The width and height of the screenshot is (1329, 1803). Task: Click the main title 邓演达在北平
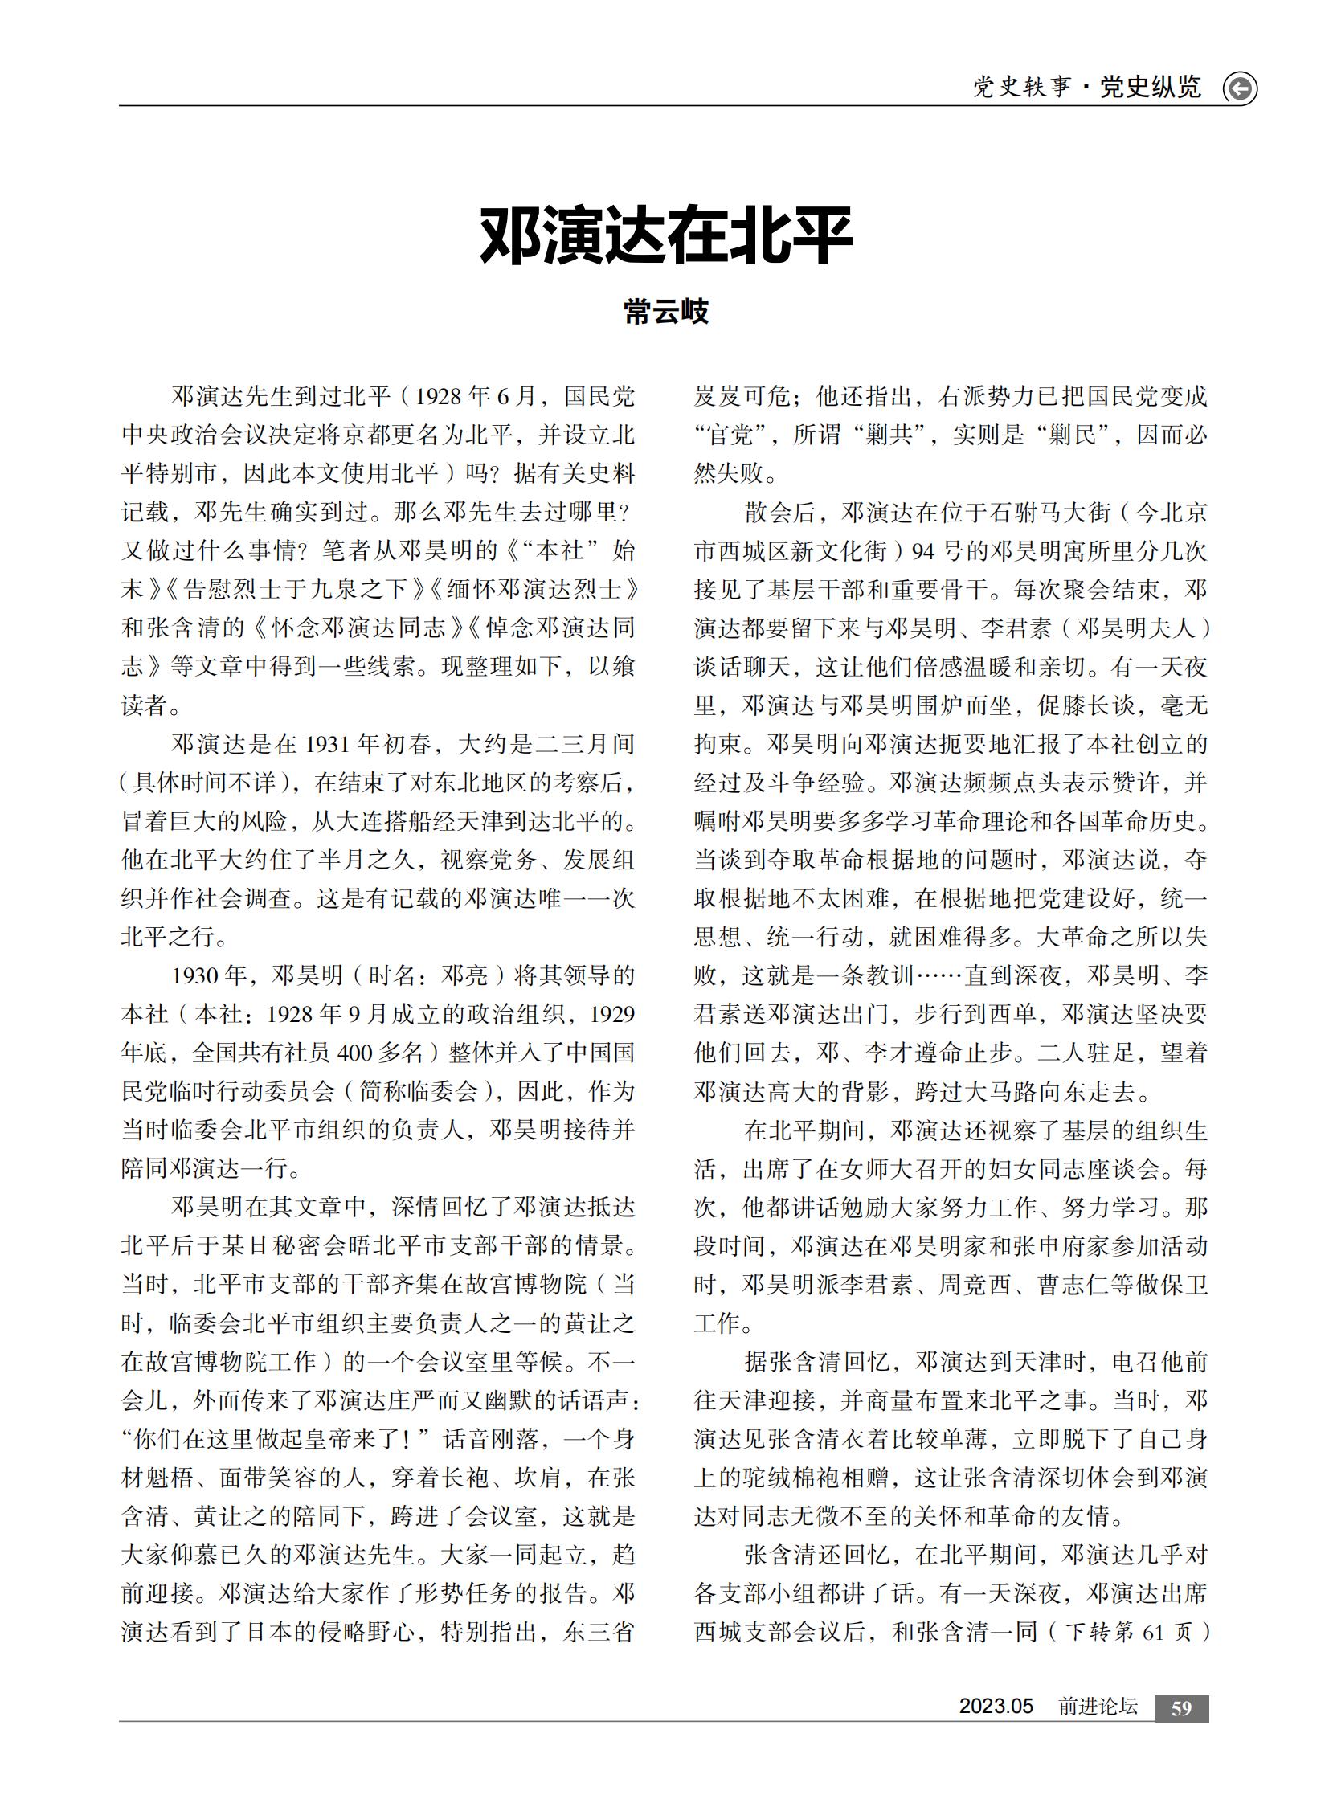(665, 235)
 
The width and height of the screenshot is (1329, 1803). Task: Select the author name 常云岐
(665, 312)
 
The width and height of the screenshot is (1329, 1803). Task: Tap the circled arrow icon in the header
(1239, 88)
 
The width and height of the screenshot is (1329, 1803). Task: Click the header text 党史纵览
(1151, 87)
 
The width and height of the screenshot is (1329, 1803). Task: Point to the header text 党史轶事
(1022, 87)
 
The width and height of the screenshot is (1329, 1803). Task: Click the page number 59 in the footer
(1181, 1708)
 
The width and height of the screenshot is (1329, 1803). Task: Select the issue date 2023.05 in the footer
(995, 1707)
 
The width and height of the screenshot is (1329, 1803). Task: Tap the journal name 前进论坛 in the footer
(1098, 1707)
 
